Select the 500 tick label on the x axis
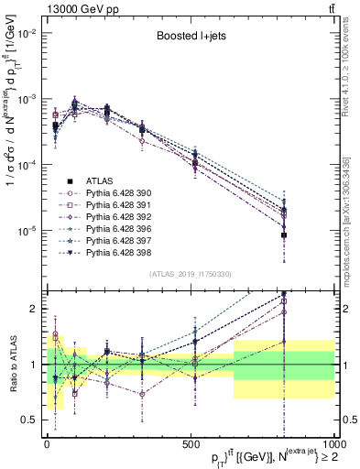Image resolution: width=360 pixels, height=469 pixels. pyautogui.click(x=190, y=445)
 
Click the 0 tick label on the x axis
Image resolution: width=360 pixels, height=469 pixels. pyautogui.click(x=47, y=445)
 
